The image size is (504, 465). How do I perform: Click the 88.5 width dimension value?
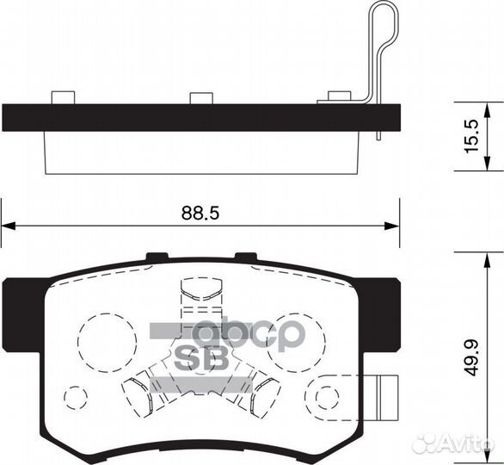tap(200, 213)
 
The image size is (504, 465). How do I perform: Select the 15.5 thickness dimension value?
tap(472, 136)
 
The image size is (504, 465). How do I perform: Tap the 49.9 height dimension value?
tap(472, 357)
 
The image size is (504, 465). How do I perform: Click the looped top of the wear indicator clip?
tap(385, 13)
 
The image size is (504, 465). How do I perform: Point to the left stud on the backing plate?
tap(63, 97)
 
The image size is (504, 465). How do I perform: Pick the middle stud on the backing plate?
tap(201, 98)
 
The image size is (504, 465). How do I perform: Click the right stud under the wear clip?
tap(339, 96)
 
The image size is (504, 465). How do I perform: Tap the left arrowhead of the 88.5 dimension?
tap(9, 226)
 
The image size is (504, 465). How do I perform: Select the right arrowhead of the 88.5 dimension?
tap(392, 226)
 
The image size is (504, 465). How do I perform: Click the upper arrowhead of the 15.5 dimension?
tap(488, 110)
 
